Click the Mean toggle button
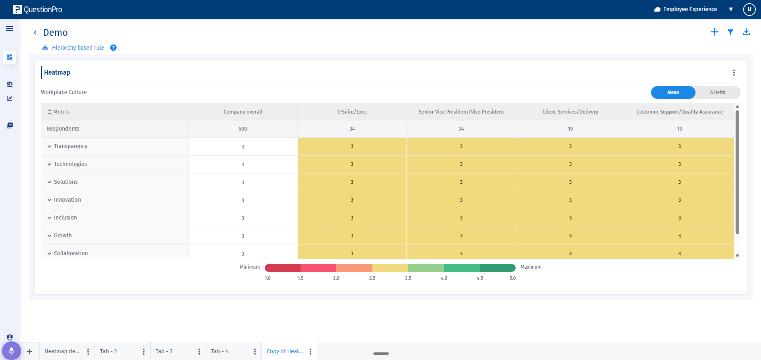pyautogui.click(x=673, y=92)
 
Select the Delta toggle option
pyautogui.click(x=717, y=92)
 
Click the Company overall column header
pyautogui.click(x=243, y=112)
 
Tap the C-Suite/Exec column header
pyautogui.click(x=352, y=112)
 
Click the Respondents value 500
pyautogui.click(x=243, y=129)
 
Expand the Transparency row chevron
pyautogui.click(x=50, y=146)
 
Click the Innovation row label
pyautogui.click(x=67, y=200)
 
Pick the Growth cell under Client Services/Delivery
pyautogui.click(x=570, y=236)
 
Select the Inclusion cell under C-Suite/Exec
pyautogui.click(x=352, y=218)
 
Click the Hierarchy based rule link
pyautogui.click(x=78, y=48)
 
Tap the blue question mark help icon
pyautogui.click(x=114, y=48)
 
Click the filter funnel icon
pyautogui.click(x=730, y=32)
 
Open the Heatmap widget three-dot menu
pyautogui.click(x=734, y=73)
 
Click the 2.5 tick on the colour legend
pyautogui.click(x=372, y=278)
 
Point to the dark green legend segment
pyautogui.click(x=498, y=268)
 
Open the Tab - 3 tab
pyautogui.click(x=164, y=351)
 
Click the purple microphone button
pyautogui.click(x=12, y=351)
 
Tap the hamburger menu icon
pyautogui.click(x=10, y=29)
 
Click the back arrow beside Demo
pyautogui.click(x=35, y=33)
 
